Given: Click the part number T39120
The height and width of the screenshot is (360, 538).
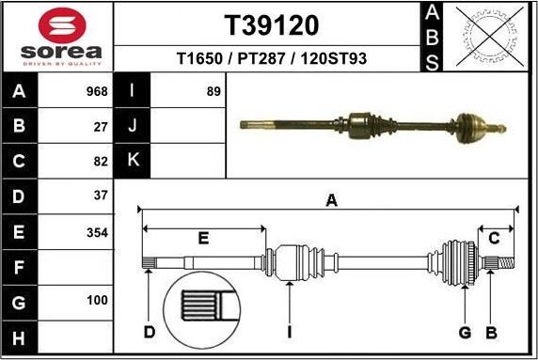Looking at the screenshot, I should pos(270,23).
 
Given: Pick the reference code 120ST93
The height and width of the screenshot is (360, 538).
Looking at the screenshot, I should pos(334,58).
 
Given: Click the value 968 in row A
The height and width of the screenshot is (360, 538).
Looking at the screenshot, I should pos(97,91).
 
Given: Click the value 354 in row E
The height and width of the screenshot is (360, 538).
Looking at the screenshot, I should pos(97,231).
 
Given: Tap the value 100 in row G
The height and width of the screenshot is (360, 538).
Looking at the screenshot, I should pos(97,302).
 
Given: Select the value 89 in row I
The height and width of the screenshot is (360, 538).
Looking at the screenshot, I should pos(214,91).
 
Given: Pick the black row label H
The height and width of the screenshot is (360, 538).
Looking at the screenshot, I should pos(20,337).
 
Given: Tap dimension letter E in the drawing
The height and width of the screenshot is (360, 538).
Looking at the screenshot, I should pos(203,239).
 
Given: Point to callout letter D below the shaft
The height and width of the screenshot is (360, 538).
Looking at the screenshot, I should pos(149,332).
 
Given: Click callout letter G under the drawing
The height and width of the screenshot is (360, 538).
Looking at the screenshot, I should pos(464,332).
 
